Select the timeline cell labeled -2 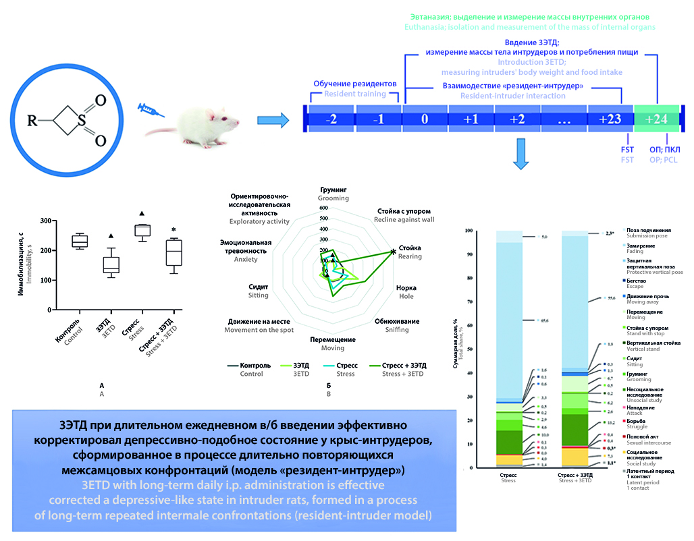pos(331,119)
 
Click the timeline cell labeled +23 pos(610,119)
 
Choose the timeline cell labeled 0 pos(425,119)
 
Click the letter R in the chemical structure pos(32,123)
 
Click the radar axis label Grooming pos(333,194)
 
